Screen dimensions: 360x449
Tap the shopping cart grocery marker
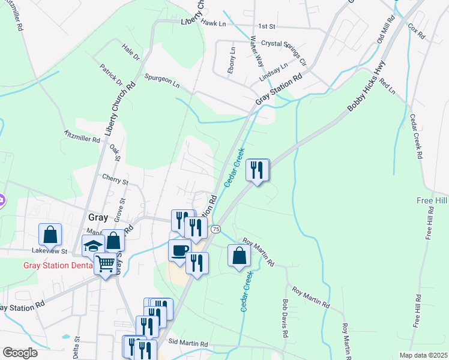point(106,263)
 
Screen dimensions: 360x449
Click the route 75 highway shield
point(216,229)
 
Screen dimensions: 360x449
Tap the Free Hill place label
point(432,200)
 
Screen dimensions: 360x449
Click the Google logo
point(20,353)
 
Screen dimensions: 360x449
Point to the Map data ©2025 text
point(424,355)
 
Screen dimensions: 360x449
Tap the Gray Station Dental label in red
point(58,265)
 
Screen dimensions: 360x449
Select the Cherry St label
point(115,179)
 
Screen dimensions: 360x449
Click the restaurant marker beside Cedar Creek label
point(258,170)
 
